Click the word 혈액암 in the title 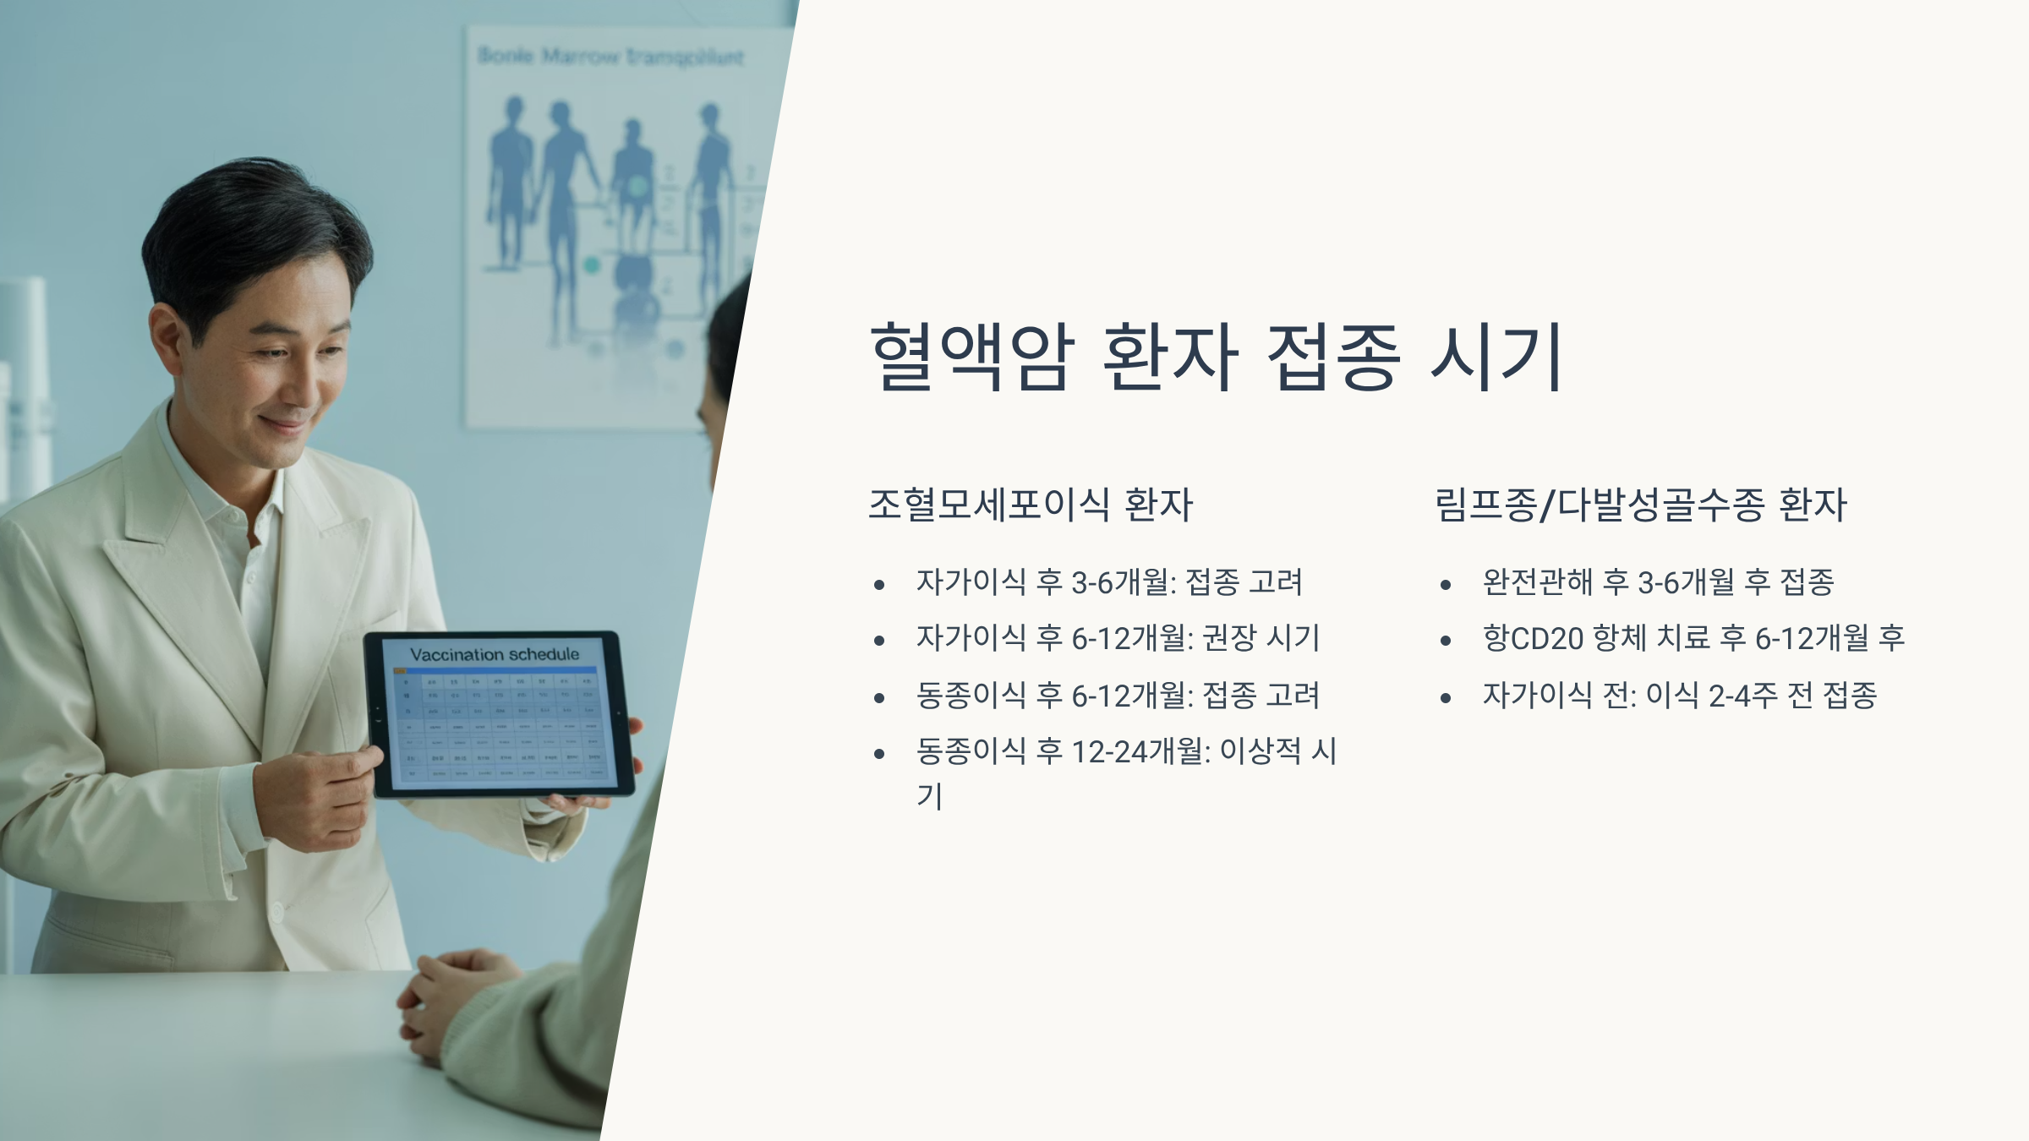tap(971, 357)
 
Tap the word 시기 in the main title tap(1496, 357)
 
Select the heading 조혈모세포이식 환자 tap(1030, 505)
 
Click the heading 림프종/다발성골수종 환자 tap(1640, 505)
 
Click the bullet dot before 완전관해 tap(1446, 584)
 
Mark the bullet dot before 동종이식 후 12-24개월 tap(879, 753)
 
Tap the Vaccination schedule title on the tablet tap(495, 654)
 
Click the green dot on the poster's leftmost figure tap(591, 265)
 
